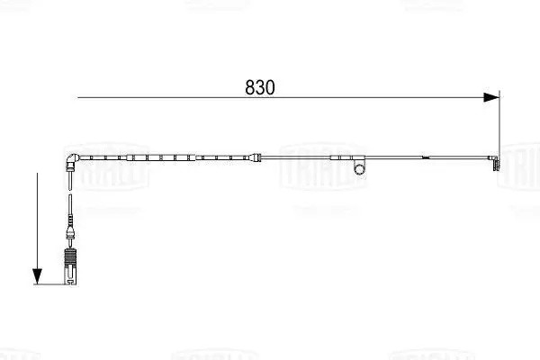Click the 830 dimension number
click(x=259, y=87)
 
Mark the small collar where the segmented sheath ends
click(x=259, y=160)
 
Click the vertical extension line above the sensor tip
click(x=499, y=126)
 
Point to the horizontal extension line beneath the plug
click(x=54, y=284)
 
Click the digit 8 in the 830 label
click(x=250, y=87)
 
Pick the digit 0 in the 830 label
click(x=269, y=87)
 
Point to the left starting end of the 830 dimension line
click(x=78, y=96)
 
